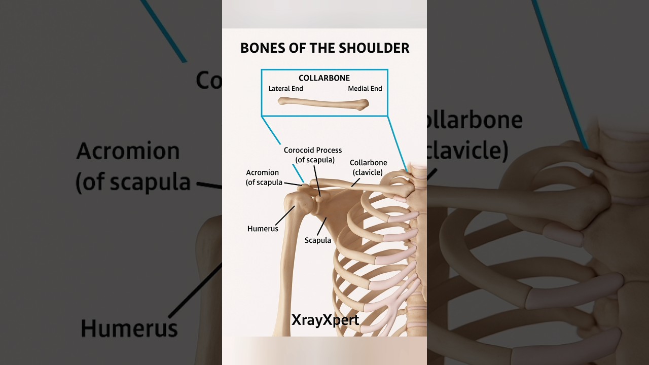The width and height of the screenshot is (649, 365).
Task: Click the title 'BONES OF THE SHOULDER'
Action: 324,48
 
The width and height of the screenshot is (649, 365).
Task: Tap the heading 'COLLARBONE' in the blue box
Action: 324,78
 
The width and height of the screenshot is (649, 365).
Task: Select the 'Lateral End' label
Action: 285,89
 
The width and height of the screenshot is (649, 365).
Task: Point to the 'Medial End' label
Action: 365,89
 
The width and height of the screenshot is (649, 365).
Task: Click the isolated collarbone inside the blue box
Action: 323,103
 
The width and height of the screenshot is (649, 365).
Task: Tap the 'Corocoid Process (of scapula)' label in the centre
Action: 312,155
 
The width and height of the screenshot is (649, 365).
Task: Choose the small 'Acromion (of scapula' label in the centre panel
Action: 264,177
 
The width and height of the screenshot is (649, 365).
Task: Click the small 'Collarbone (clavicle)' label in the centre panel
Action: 368,167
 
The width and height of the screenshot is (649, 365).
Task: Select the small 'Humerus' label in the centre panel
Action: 263,229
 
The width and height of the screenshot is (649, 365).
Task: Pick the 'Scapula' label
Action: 317,240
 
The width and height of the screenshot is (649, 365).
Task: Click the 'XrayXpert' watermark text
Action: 325,320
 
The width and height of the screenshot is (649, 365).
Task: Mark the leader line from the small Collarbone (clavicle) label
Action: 355,181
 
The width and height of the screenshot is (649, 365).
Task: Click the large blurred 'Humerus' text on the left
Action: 129,328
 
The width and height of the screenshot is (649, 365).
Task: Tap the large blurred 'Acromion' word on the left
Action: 128,152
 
